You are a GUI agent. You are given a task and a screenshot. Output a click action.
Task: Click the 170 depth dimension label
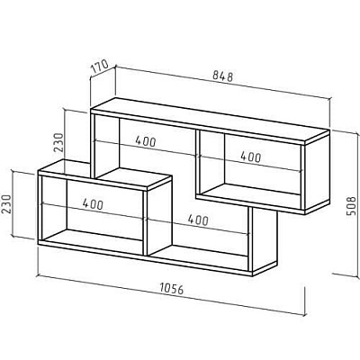pos(100,67)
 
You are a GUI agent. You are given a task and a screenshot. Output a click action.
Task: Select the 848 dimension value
pos(223,76)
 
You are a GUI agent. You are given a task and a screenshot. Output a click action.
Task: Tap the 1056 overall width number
pos(171,289)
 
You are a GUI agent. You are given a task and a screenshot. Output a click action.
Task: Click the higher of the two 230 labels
pos(59,142)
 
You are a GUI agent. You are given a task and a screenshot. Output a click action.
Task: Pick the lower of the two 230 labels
pos(6,204)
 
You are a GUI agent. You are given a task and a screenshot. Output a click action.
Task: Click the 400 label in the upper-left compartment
pos(146,141)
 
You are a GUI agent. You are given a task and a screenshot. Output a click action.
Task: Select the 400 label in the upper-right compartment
pos(250,157)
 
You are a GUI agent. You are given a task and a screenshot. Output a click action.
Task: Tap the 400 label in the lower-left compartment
pos(93,204)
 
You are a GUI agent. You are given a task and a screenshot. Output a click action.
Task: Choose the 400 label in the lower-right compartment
pos(197,220)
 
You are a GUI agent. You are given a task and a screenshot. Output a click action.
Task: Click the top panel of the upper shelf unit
pos(210,120)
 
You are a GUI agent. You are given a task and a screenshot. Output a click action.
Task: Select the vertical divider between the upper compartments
pos(197,163)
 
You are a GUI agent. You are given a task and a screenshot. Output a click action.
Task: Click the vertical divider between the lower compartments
pos(145,223)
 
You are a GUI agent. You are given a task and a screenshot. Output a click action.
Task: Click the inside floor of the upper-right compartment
pos(250,192)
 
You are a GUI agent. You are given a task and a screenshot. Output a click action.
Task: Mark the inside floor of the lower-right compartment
pos(198,254)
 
